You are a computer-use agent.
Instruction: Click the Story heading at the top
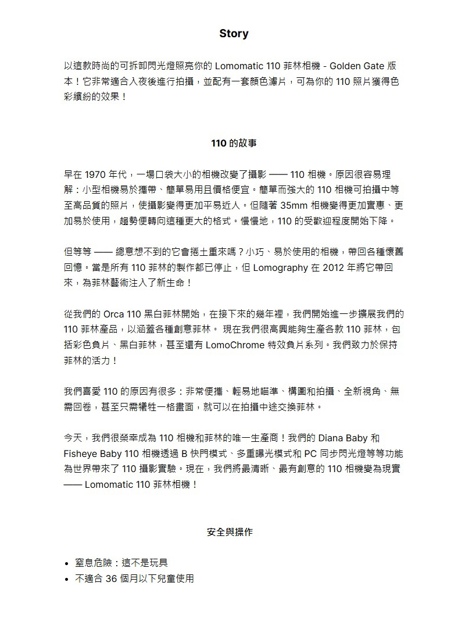(234, 34)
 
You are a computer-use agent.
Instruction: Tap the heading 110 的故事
(234, 142)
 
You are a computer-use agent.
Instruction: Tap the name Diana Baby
(342, 438)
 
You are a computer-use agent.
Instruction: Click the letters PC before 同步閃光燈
(308, 453)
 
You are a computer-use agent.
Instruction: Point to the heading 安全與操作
(230, 532)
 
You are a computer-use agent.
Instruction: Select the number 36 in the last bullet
(112, 578)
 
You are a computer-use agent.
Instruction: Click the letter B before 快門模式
(185, 453)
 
